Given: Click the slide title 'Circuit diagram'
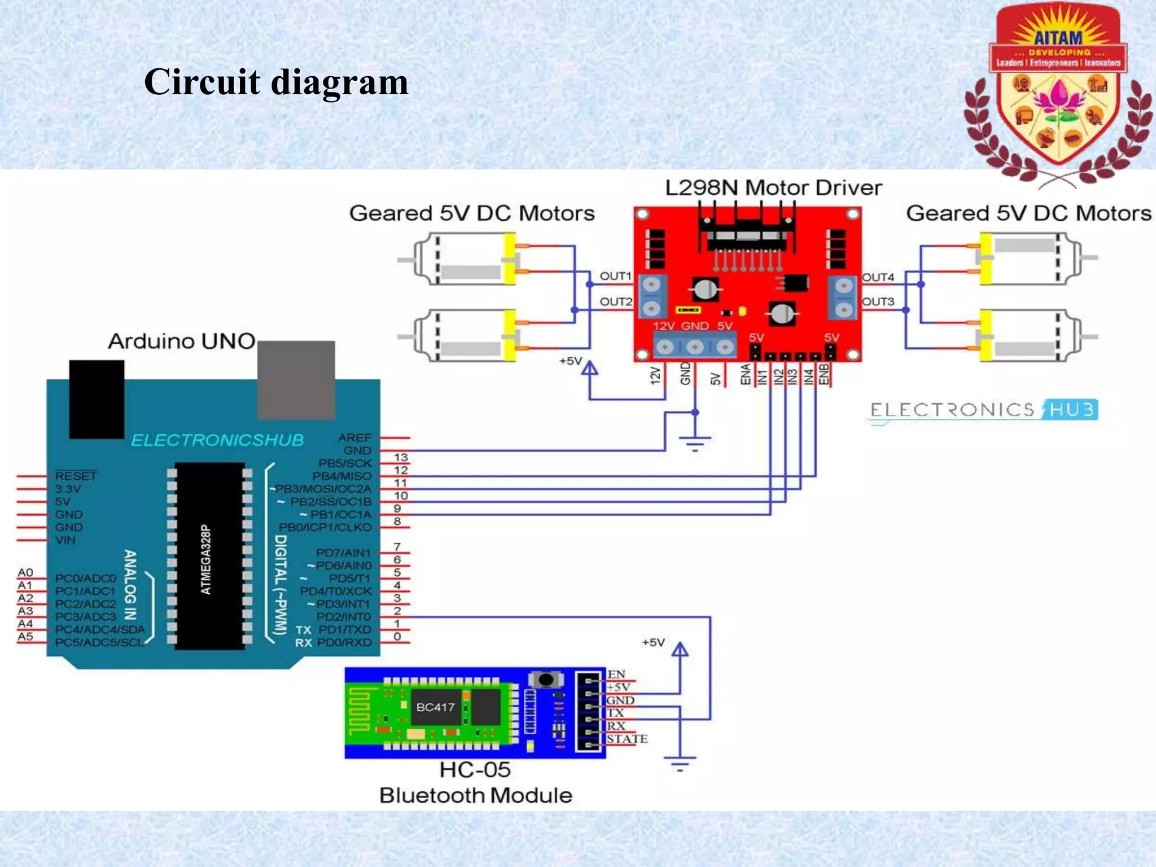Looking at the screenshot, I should pyautogui.click(x=276, y=82).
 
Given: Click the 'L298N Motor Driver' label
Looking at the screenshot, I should pyautogui.click(x=773, y=188).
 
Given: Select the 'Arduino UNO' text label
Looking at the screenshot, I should pyautogui.click(x=182, y=341).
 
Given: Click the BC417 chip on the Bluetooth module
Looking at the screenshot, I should pyautogui.click(x=435, y=707).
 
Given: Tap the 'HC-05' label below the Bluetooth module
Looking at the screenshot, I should pyautogui.click(x=475, y=770).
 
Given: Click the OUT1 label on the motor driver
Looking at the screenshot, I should pyautogui.click(x=615, y=276).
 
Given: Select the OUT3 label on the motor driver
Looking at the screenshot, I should pyautogui.click(x=878, y=301).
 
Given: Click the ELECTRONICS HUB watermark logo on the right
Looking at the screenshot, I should pyautogui.click(x=983, y=410).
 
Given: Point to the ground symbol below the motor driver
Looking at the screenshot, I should pyautogui.click(x=695, y=443).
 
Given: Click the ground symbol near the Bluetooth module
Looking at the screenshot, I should pyautogui.click(x=680, y=764).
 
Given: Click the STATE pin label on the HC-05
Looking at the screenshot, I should pyautogui.click(x=627, y=739).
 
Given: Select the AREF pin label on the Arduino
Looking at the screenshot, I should pyautogui.click(x=354, y=437).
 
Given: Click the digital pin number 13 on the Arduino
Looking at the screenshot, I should pyautogui.click(x=401, y=457).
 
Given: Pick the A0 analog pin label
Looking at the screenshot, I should pyautogui.click(x=25, y=572).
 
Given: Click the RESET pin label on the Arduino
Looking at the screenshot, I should pyautogui.click(x=76, y=476).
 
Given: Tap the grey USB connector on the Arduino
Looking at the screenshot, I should pyautogui.click(x=296, y=379).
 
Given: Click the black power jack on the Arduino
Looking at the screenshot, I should pyautogui.click(x=97, y=399).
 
